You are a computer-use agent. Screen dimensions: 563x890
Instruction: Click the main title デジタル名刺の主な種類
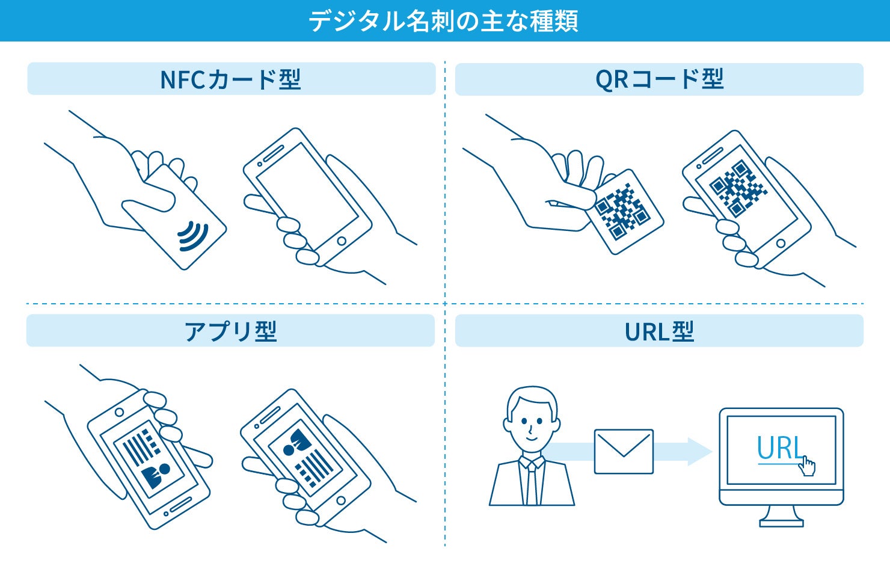pyautogui.click(x=444, y=21)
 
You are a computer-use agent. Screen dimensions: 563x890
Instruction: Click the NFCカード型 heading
pyautogui.click(x=231, y=79)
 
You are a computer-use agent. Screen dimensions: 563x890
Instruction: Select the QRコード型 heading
pyautogui.click(x=659, y=79)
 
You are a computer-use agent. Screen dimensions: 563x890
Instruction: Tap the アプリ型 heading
pyautogui.click(x=230, y=331)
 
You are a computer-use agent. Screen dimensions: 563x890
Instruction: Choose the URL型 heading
pyautogui.click(x=659, y=331)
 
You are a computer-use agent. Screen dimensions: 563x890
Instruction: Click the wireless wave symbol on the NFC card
pyautogui.click(x=192, y=235)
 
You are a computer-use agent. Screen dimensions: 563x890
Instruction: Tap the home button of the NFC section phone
pyautogui.click(x=342, y=241)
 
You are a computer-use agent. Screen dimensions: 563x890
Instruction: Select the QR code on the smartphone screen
pyautogui.click(x=738, y=188)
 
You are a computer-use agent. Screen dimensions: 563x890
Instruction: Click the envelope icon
pyautogui.click(x=624, y=452)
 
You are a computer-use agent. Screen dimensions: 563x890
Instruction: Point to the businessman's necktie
pyautogui.click(x=532, y=484)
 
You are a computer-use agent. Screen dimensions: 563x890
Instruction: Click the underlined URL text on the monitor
pyautogui.click(x=779, y=449)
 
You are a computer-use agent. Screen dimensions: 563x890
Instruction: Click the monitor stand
pyautogui.click(x=781, y=517)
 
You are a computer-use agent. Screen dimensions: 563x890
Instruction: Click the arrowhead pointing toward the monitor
pyautogui.click(x=700, y=452)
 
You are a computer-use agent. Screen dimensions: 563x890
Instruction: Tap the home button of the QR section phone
pyautogui.click(x=781, y=244)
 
